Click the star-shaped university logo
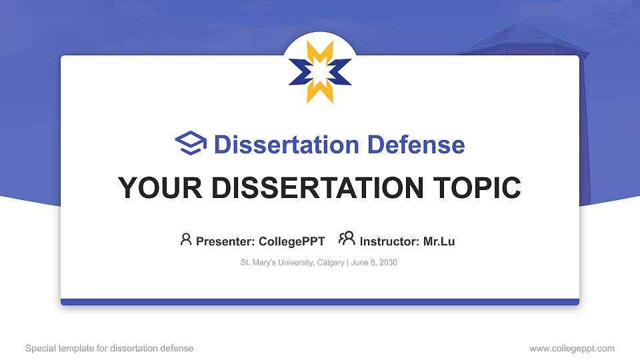(320, 71)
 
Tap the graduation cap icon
(191, 143)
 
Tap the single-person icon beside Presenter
(186, 239)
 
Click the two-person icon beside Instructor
(347, 239)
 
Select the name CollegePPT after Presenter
(291, 241)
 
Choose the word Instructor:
(389, 241)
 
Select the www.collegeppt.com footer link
(571, 348)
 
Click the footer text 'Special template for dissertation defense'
(109, 348)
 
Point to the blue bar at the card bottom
(320, 302)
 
